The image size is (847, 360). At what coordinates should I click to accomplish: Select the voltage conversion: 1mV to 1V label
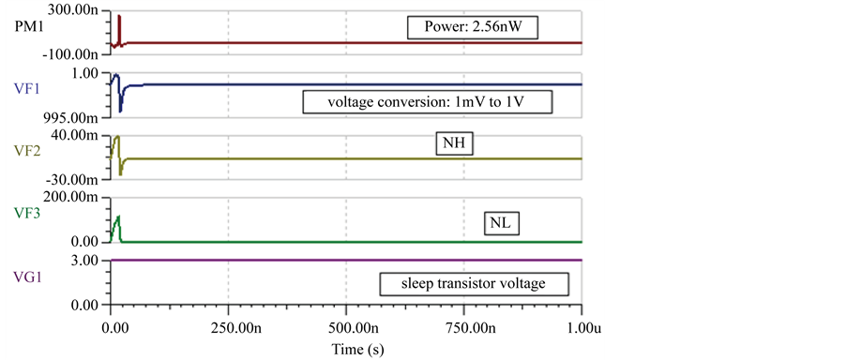tap(427, 101)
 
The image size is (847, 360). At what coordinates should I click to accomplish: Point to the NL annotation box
tap(503, 223)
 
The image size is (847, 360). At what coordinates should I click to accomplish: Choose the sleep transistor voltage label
tap(473, 282)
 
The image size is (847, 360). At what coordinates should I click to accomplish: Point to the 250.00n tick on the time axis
tap(229, 327)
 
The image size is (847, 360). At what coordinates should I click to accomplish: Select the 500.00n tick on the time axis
tap(346, 327)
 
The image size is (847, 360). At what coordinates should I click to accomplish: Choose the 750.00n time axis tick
tap(465, 327)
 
